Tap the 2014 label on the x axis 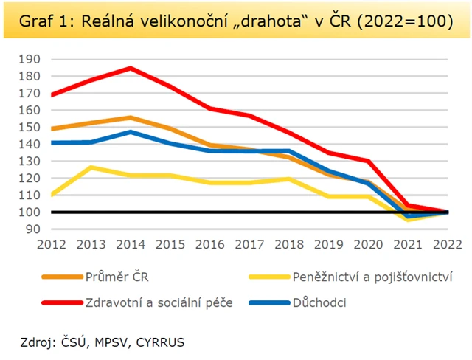point(130,245)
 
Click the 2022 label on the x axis point(442,245)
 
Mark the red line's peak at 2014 point(130,69)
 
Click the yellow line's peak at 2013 point(91,167)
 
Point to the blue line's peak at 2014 point(130,132)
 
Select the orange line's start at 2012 point(52,128)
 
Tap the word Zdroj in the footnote point(38,342)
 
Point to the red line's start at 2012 point(52,94)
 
